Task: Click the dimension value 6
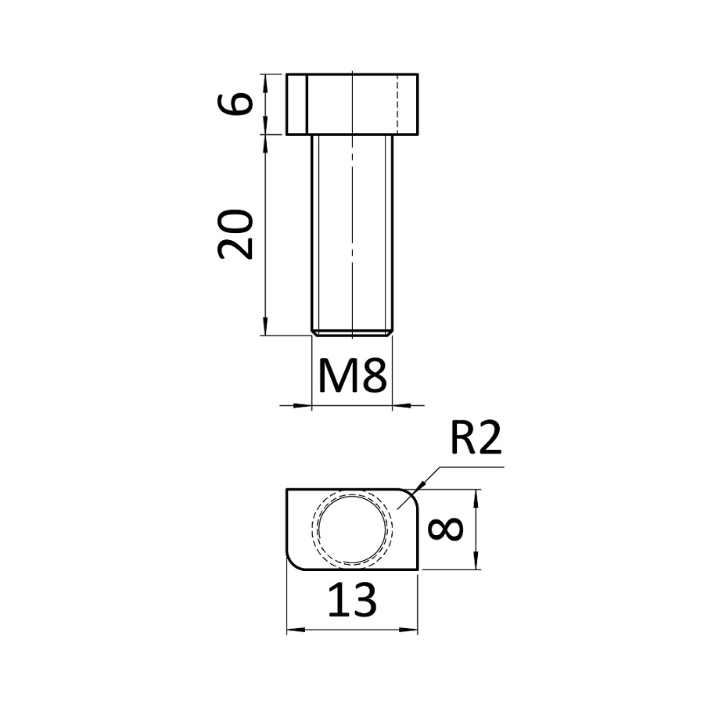tap(235, 104)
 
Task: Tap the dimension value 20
tap(235, 235)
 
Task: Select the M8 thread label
tap(353, 375)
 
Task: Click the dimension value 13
tap(353, 599)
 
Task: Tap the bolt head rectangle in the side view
tap(353, 104)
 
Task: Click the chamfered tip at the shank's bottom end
tap(353, 333)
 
